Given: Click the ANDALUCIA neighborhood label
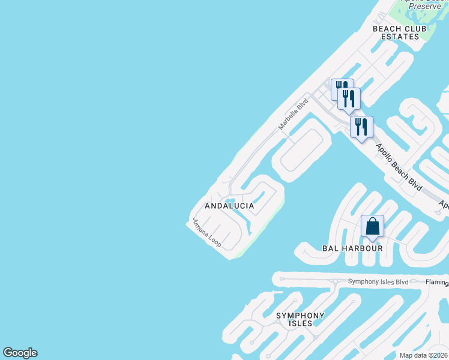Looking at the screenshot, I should [229, 206].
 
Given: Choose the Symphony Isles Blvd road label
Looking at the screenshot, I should [378, 282].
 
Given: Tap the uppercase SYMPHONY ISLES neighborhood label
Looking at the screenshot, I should [300, 319].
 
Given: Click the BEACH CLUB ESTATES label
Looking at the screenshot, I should [399, 32].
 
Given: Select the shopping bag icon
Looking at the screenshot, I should [372, 227].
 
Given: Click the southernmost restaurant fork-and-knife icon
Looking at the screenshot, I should [361, 127].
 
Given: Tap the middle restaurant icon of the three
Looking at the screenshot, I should [349, 98].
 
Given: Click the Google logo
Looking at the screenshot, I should [20, 353].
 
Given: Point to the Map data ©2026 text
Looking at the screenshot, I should [423, 355].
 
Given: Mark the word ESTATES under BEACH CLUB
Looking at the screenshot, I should [400, 37].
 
